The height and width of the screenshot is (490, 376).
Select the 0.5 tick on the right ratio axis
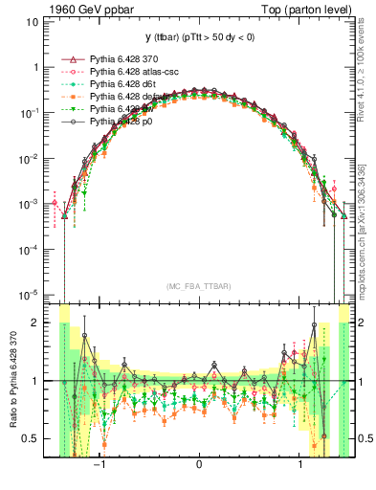(x=365, y=438)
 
